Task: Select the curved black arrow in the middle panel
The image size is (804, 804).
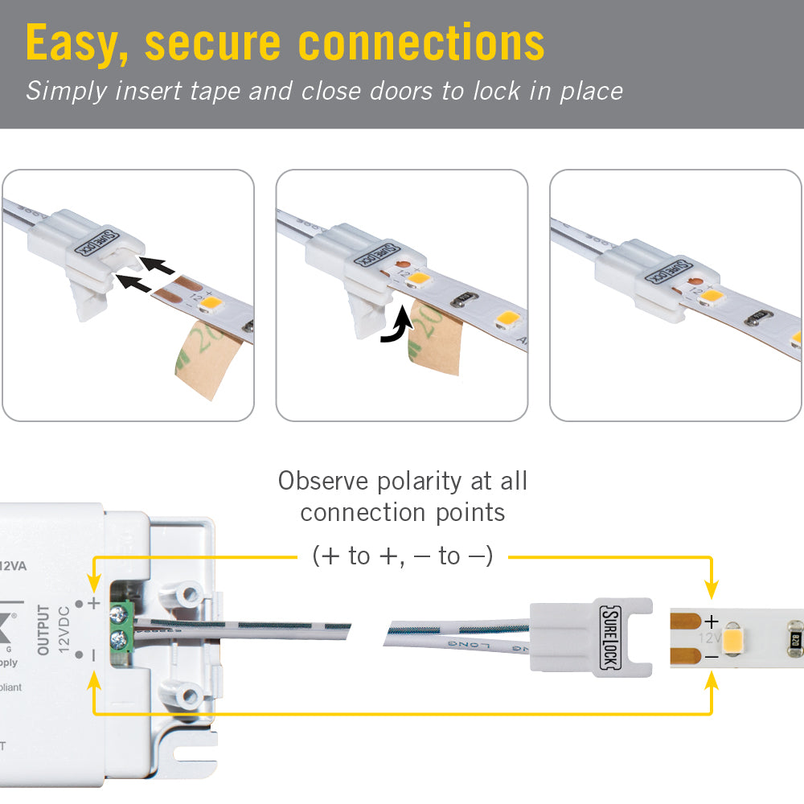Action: point(396,330)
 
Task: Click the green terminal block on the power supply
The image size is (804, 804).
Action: point(118,627)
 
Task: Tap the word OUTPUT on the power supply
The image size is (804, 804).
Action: point(43,630)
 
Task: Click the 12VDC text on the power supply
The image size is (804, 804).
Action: point(65,630)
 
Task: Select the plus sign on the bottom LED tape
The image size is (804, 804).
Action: point(711,621)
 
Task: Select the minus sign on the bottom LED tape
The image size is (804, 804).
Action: point(711,657)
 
